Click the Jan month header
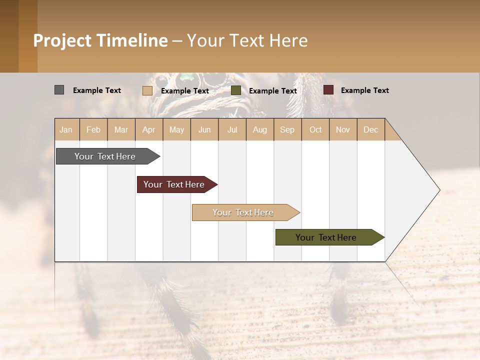pyautogui.click(x=66, y=129)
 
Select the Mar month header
pyautogui.click(x=121, y=129)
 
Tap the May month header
pyautogui.click(x=176, y=129)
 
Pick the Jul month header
pyautogui.click(x=232, y=129)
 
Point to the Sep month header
pyautogui.click(x=287, y=129)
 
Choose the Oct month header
pyautogui.click(x=315, y=129)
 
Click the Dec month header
pyautogui.click(x=370, y=129)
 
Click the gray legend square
pyautogui.click(x=59, y=90)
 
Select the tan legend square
pyautogui.click(x=147, y=90)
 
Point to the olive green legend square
pyautogui.click(x=236, y=90)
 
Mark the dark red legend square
pyautogui.click(x=328, y=90)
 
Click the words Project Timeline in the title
pyautogui.click(x=100, y=40)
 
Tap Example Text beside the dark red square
pyautogui.click(x=364, y=90)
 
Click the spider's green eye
pyautogui.click(x=186, y=77)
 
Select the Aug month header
pyautogui.click(x=259, y=129)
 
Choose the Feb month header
pyautogui.click(x=93, y=129)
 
